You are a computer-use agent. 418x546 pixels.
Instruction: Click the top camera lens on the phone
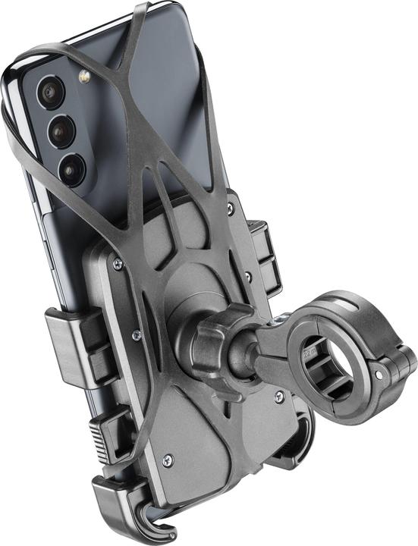[51, 93]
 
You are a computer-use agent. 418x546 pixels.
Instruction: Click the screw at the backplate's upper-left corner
[117, 264]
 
